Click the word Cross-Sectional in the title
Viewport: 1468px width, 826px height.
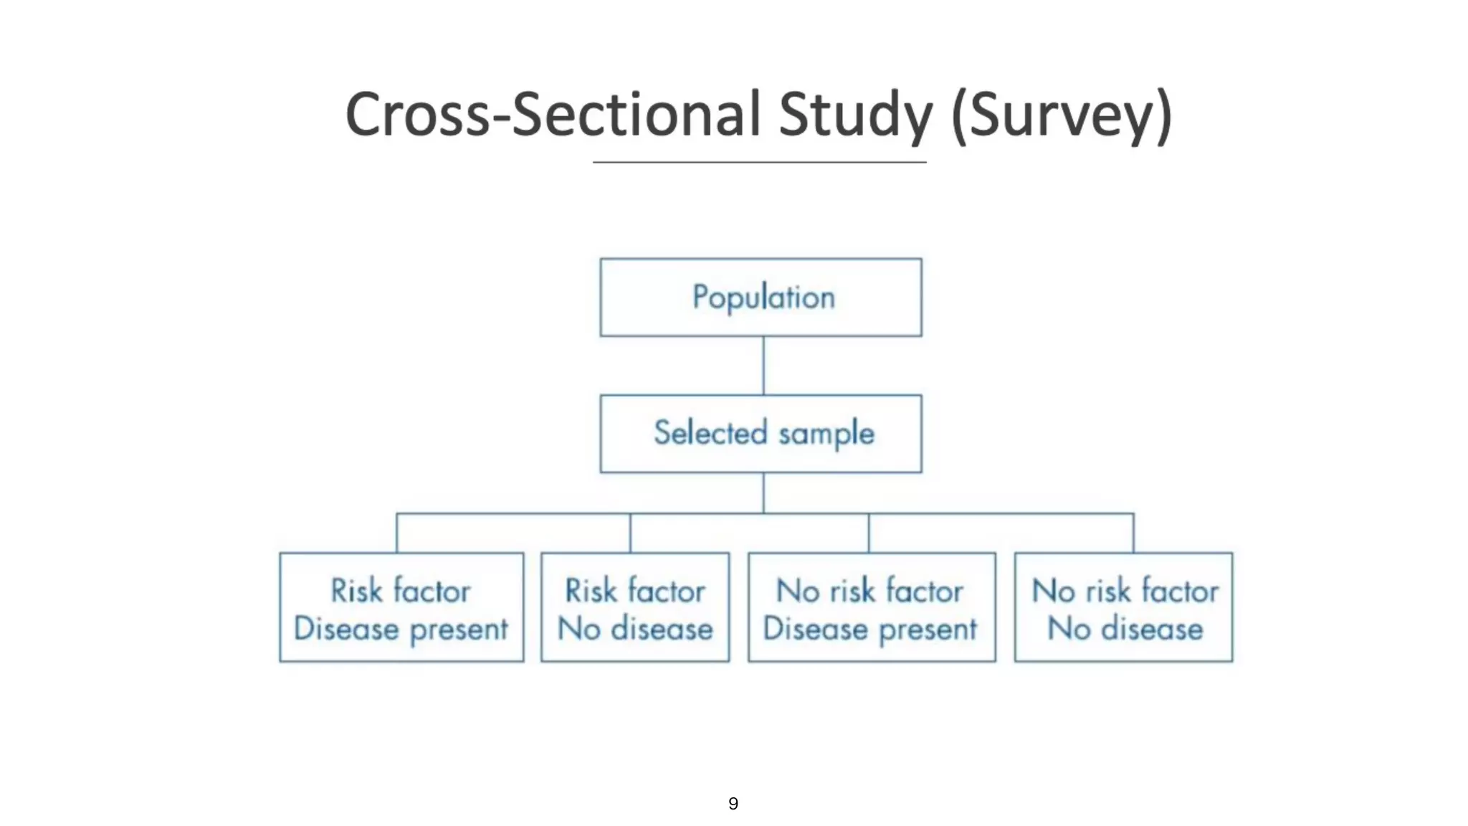pyautogui.click(x=552, y=115)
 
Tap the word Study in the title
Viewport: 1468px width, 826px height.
pyautogui.click(x=855, y=115)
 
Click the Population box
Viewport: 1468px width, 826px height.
pyautogui.click(x=761, y=298)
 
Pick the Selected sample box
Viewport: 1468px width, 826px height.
pyautogui.click(x=761, y=434)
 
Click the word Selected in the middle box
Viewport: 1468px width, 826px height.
pyautogui.click(x=710, y=433)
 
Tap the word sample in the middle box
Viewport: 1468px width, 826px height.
pyautogui.click(x=826, y=435)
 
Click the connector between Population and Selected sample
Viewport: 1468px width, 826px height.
pyautogui.click(x=763, y=366)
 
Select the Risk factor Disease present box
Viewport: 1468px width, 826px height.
pyautogui.click(x=401, y=607)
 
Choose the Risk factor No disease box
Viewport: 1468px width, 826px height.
pyautogui.click(x=635, y=607)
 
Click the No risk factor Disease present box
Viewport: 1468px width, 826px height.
pyautogui.click(x=872, y=607)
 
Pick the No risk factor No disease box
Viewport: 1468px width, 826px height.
pyautogui.click(x=1123, y=607)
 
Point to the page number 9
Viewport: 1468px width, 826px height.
pyautogui.click(x=733, y=804)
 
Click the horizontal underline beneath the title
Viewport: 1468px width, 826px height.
pyautogui.click(x=759, y=163)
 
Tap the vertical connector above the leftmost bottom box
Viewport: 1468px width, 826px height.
pyautogui.click(x=397, y=533)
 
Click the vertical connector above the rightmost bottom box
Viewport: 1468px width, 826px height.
pyautogui.click(x=1133, y=533)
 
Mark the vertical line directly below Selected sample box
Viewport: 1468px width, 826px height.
pyautogui.click(x=763, y=493)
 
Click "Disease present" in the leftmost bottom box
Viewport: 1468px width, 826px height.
pyautogui.click(x=401, y=630)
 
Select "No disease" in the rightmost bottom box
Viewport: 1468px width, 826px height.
pyautogui.click(x=1125, y=630)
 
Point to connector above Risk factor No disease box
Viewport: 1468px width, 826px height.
pyautogui.click(x=630, y=533)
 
